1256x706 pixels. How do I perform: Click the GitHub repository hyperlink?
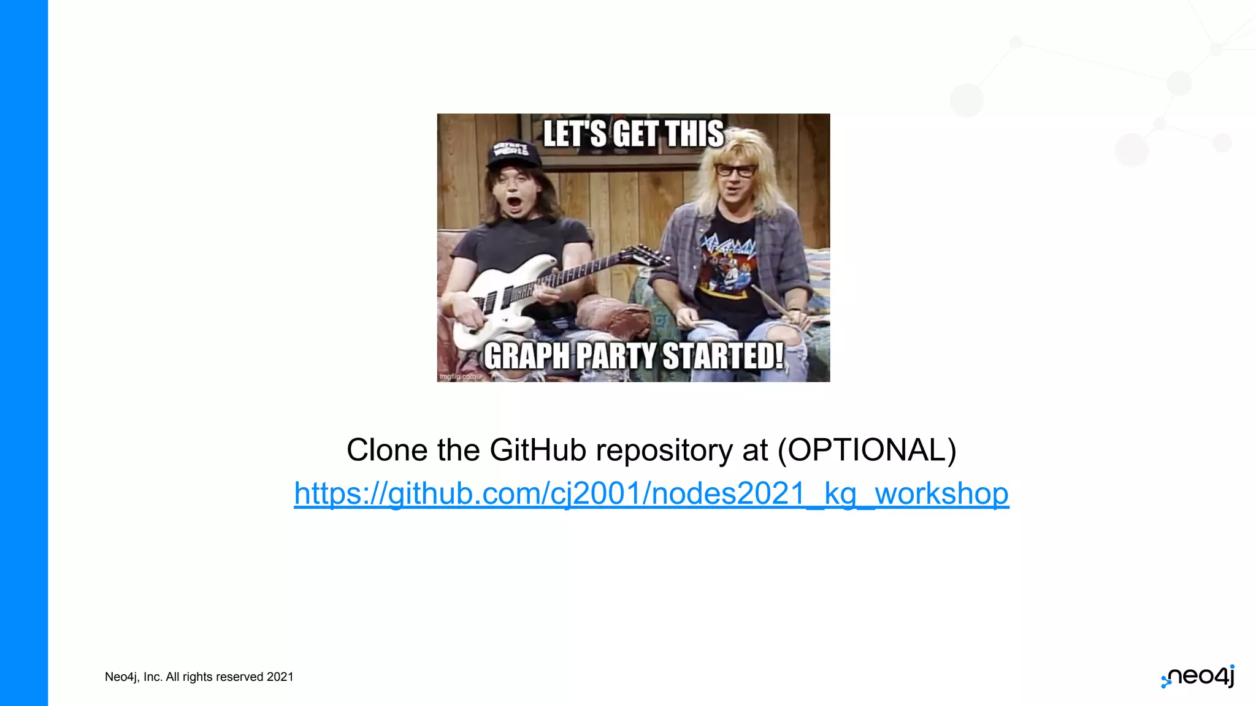pyautogui.click(x=651, y=493)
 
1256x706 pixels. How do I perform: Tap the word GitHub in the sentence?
pyautogui.click(x=538, y=450)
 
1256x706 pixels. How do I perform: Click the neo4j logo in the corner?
pyautogui.click(x=1198, y=677)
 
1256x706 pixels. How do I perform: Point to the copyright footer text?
pyautogui.click(x=199, y=677)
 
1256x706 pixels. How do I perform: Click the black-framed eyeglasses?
pyautogui.click(x=736, y=171)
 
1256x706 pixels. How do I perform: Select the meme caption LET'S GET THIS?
pyautogui.click(x=634, y=134)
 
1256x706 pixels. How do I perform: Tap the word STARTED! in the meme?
pyautogui.click(x=724, y=356)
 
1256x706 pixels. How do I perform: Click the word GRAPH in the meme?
pyautogui.click(x=527, y=356)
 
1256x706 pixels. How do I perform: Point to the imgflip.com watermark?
pyautogui.click(x=458, y=376)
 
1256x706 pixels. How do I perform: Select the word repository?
pyautogui.click(x=664, y=450)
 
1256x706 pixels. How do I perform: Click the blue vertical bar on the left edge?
pyautogui.click(x=24, y=353)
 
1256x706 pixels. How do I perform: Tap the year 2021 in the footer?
pyautogui.click(x=280, y=677)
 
